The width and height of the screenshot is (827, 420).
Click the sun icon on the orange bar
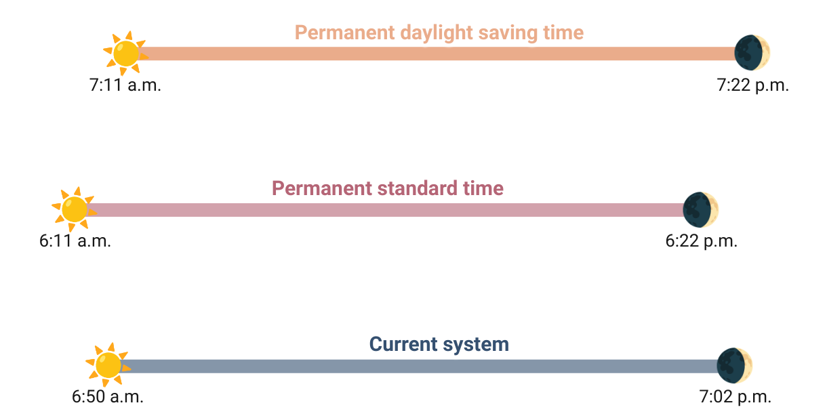point(125,53)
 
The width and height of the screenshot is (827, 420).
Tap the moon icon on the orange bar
point(752,52)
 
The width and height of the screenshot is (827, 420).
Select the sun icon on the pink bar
point(74,209)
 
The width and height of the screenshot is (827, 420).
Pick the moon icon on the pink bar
point(700,209)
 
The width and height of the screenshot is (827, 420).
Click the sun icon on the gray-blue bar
point(108,364)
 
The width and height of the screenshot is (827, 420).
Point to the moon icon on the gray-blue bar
point(735,364)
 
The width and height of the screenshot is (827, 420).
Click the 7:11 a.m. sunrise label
point(125,86)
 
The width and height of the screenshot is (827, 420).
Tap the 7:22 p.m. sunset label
point(753,86)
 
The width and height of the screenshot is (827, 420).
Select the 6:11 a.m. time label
point(75,241)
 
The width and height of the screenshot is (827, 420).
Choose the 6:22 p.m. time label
point(702,241)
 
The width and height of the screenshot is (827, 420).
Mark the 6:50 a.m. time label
point(108,397)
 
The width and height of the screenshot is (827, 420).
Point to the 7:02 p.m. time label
point(735,397)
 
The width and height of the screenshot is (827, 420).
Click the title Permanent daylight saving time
point(439,33)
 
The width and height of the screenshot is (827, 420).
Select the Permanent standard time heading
point(388,188)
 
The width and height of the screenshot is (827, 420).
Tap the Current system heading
point(439,344)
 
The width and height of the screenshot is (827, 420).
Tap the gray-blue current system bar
point(420,366)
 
